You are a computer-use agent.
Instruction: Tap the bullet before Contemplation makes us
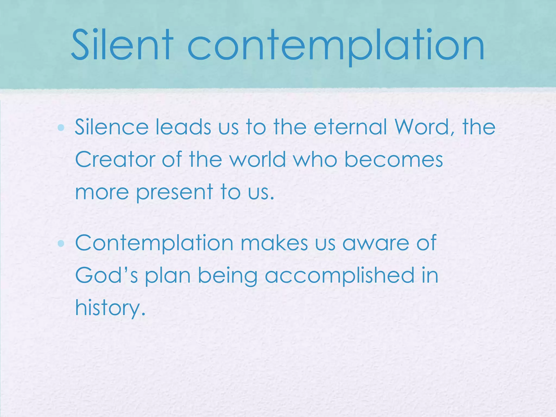point(61,244)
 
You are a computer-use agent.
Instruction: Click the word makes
point(274,243)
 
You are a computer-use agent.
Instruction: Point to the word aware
point(375,244)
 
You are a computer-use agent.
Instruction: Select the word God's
point(106,275)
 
